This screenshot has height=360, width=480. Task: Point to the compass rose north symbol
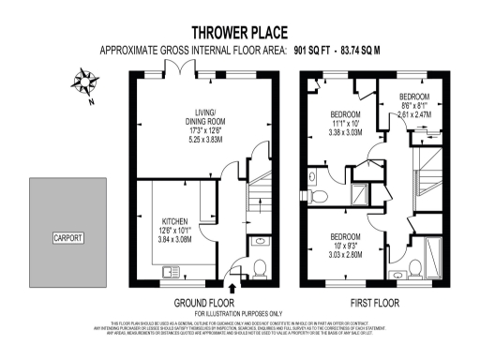click(x=87, y=79)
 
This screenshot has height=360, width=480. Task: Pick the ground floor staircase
click(x=254, y=202)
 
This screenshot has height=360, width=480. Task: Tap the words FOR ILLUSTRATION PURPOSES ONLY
click(x=238, y=313)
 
